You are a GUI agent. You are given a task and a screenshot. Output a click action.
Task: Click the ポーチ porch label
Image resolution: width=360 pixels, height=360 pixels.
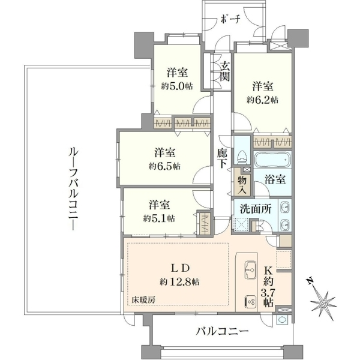click(x=230, y=19)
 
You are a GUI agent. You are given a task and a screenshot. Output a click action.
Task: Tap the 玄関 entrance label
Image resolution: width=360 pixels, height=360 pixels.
click(x=224, y=71)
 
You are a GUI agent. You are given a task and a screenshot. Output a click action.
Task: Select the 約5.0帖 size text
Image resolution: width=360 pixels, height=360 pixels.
click(x=177, y=86)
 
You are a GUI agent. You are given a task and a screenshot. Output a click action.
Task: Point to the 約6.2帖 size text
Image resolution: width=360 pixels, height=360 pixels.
click(x=262, y=100)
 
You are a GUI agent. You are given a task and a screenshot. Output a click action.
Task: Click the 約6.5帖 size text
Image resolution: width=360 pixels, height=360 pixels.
click(x=164, y=166)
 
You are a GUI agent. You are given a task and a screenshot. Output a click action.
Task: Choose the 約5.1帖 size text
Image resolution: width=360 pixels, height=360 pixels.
click(x=159, y=218)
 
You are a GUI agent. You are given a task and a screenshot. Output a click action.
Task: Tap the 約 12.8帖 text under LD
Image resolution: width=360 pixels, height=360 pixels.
click(x=179, y=281)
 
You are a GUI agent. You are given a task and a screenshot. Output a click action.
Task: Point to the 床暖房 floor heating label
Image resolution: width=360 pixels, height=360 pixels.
click(x=143, y=300)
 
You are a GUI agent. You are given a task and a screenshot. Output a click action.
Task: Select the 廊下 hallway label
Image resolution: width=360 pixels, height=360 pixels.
click(x=223, y=158)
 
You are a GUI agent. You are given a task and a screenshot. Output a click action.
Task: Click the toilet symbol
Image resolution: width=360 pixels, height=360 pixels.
click(x=242, y=157)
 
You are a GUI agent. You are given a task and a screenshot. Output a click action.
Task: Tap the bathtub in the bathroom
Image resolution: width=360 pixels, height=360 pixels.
click(x=272, y=160)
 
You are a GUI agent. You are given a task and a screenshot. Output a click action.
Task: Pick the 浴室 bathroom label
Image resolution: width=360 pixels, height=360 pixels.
click(x=275, y=179)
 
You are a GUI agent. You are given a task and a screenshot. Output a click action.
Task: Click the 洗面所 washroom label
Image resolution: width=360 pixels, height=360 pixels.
click(x=256, y=209)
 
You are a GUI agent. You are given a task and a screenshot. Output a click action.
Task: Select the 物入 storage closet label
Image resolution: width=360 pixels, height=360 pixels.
click(x=242, y=185)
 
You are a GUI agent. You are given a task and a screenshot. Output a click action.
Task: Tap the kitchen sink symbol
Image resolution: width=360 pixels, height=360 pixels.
click(x=250, y=270)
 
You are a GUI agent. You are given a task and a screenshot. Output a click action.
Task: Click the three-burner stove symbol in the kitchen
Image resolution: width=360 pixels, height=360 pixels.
click(x=250, y=301)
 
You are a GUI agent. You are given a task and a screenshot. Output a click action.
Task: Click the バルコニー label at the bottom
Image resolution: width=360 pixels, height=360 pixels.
click(x=222, y=331)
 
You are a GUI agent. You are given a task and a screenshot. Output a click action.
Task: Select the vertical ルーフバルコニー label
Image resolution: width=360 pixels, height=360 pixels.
click(x=74, y=189)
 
